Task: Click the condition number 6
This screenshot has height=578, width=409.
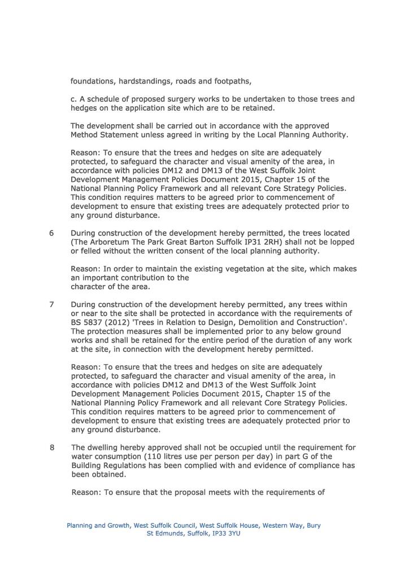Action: click(51, 233)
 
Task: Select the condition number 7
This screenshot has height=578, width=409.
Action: click(51, 304)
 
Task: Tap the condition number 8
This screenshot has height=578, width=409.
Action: click(51, 448)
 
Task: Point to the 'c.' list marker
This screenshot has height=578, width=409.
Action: click(73, 99)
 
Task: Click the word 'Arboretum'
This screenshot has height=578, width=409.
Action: click(112, 242)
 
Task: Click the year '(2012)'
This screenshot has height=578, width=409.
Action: click(121, 322)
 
